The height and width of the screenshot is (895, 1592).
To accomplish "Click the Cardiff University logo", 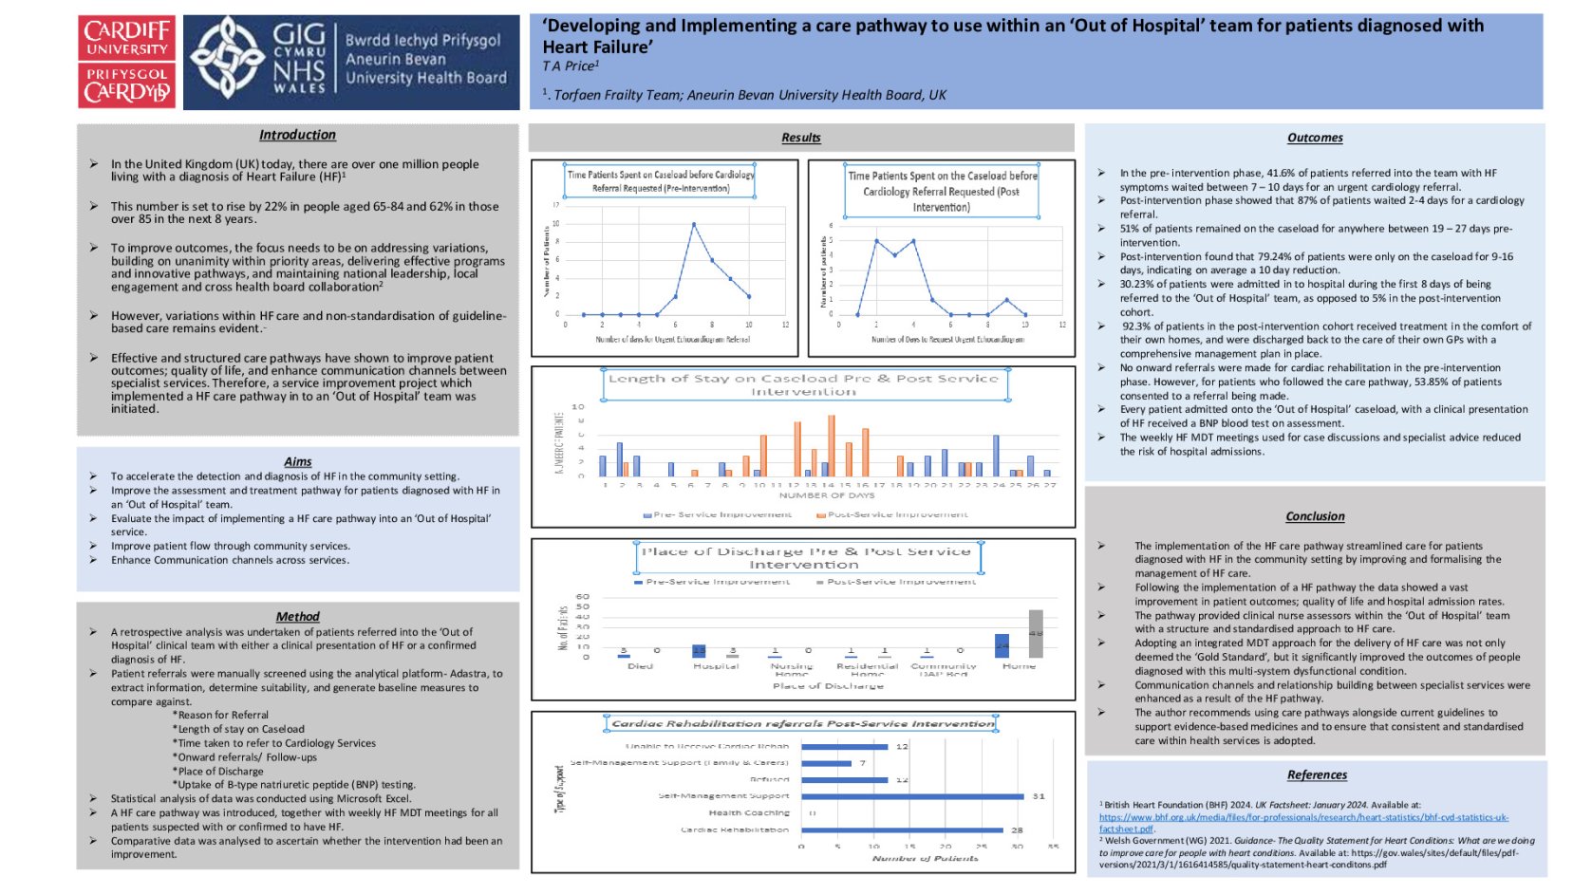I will pyautogui.click(x=126, y=62).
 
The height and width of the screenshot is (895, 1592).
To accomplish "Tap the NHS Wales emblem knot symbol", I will pyautogui.click(x=227, y=60).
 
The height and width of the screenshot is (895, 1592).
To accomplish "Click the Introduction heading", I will pyautogui.click(x=297, y=136).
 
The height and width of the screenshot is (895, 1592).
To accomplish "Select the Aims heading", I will pyautogui.click(x=297, y=461).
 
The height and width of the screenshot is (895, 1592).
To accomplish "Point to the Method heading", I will pyautogui.click(x=297, y=617).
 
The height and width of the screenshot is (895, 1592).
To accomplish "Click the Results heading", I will pyautogui.click(x=800, y=138).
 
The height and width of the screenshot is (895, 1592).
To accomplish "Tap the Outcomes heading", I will pyautogui.click(x=1314, y=138).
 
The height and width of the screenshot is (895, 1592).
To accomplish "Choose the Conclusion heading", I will pyautogui.click(x=1314, y=516).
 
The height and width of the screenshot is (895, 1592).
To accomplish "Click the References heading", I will pyautogui.click(x=1316, y=774).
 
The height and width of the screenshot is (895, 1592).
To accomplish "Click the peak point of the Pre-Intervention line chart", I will pyautogui.click(x=694, y=225).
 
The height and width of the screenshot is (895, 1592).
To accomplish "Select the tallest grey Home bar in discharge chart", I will pyautogui.click(x=1035, y=633).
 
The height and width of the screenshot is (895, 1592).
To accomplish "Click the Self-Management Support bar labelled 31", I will pyautogui.click(x=912, y=796).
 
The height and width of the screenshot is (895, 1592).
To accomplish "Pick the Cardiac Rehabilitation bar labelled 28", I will pyautogui.click(x=902, y=830).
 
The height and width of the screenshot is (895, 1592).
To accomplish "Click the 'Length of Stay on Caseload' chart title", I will pyautogui.click(x=803, y=384).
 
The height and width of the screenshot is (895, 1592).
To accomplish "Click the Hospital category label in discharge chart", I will pyautogui.click(x=715, y=666).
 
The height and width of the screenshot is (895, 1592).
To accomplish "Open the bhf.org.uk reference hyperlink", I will pyautogui.click(x=1302, y=817).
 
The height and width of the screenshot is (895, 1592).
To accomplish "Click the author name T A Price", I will pyautogui.click(x=570, y=66).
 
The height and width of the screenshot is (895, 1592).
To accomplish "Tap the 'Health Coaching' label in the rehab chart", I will pyautogui.click(x=748, y=812).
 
